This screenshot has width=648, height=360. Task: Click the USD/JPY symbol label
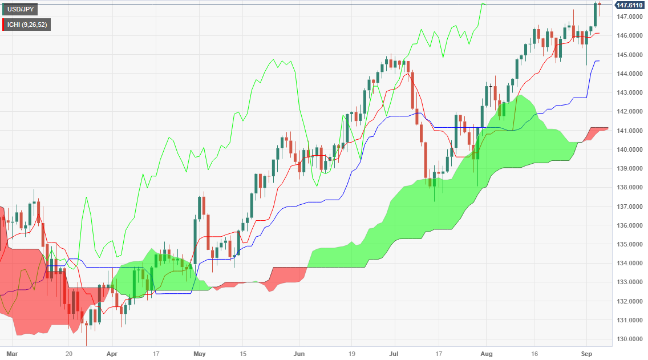click(20, 10)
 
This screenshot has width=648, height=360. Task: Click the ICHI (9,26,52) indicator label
click(27, 25)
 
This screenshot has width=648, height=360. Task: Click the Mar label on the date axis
click(11, 353)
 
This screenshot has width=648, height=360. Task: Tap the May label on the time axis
click(199, 353)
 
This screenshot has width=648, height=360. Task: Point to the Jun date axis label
click(299, 353)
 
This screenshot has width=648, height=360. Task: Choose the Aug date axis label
click(486, 353)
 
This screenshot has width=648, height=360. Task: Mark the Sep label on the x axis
click(586, 353)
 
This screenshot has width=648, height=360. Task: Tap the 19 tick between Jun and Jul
click(352, 353)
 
